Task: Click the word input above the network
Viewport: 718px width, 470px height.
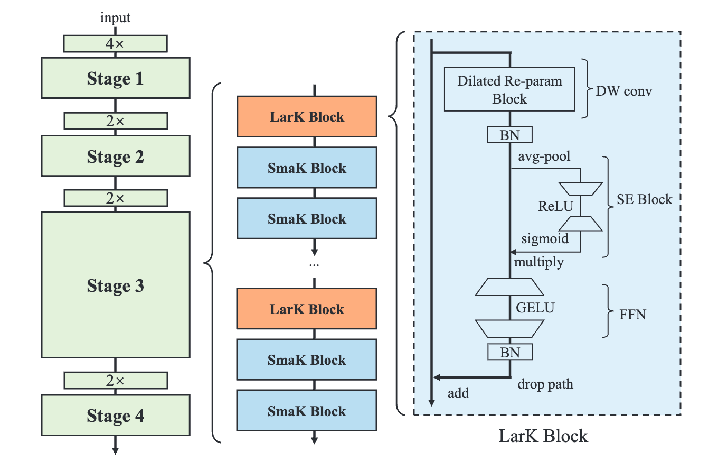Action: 115,19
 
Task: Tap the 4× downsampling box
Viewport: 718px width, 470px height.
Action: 115,44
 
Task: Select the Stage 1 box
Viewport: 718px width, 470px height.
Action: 115,78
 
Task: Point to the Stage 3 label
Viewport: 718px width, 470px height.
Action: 115,286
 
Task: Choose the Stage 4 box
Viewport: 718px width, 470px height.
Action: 115,416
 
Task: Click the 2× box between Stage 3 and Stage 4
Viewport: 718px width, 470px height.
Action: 115,380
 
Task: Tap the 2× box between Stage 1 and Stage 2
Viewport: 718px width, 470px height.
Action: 115,121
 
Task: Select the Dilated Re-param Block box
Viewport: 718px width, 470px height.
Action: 509,89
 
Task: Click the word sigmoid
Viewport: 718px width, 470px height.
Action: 545,238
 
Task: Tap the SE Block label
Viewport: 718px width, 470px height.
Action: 645,199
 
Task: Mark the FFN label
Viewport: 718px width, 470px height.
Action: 633,315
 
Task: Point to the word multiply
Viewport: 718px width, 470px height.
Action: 538,262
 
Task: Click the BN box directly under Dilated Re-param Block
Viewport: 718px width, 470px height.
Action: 509,135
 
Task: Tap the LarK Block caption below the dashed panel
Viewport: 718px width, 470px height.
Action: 543,436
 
